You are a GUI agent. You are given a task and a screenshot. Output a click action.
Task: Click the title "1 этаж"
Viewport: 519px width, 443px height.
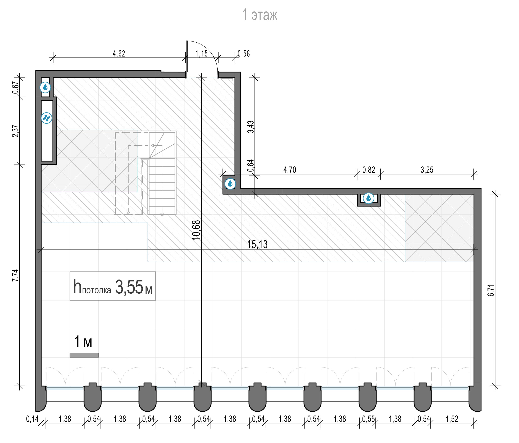[x=259, y=15]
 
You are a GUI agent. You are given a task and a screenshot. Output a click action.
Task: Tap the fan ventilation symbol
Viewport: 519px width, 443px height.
[x=47, y=118]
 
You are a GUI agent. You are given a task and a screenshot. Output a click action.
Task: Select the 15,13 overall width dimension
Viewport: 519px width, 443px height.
[x=257, y=244]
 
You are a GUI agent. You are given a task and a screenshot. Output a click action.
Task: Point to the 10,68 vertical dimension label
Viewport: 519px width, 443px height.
[x=196, y=230]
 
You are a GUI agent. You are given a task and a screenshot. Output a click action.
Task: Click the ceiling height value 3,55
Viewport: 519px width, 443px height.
[x=129, y=287]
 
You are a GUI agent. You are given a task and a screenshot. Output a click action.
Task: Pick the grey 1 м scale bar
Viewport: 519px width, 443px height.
[x=84, y=355]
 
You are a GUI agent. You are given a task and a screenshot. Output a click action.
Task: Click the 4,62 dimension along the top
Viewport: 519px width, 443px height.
[x=119, y=54]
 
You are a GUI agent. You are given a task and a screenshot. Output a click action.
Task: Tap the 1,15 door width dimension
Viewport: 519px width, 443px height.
[x=201, y=54]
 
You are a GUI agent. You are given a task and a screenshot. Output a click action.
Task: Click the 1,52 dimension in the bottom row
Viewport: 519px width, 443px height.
[x=452, y=419]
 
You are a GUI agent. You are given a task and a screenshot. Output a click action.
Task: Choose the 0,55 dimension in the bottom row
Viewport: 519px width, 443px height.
[x=368, y=419]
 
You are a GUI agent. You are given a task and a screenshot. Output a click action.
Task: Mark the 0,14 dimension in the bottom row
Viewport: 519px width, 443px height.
[x=32, y=419]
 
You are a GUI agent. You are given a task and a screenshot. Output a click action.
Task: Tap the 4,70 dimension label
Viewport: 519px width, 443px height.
[x=290, y=170]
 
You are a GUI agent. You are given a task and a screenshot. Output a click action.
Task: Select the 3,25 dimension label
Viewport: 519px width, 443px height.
[x=427, y=170]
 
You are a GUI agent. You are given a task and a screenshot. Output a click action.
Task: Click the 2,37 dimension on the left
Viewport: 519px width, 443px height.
[x=16, y=131]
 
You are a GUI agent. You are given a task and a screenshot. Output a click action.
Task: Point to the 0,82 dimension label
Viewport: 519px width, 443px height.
[x=369, y=170]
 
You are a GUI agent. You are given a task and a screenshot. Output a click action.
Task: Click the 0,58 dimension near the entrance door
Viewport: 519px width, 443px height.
[x=244, y=54]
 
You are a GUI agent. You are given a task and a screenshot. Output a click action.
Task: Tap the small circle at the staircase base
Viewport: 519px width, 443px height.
[x=162, y=214]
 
